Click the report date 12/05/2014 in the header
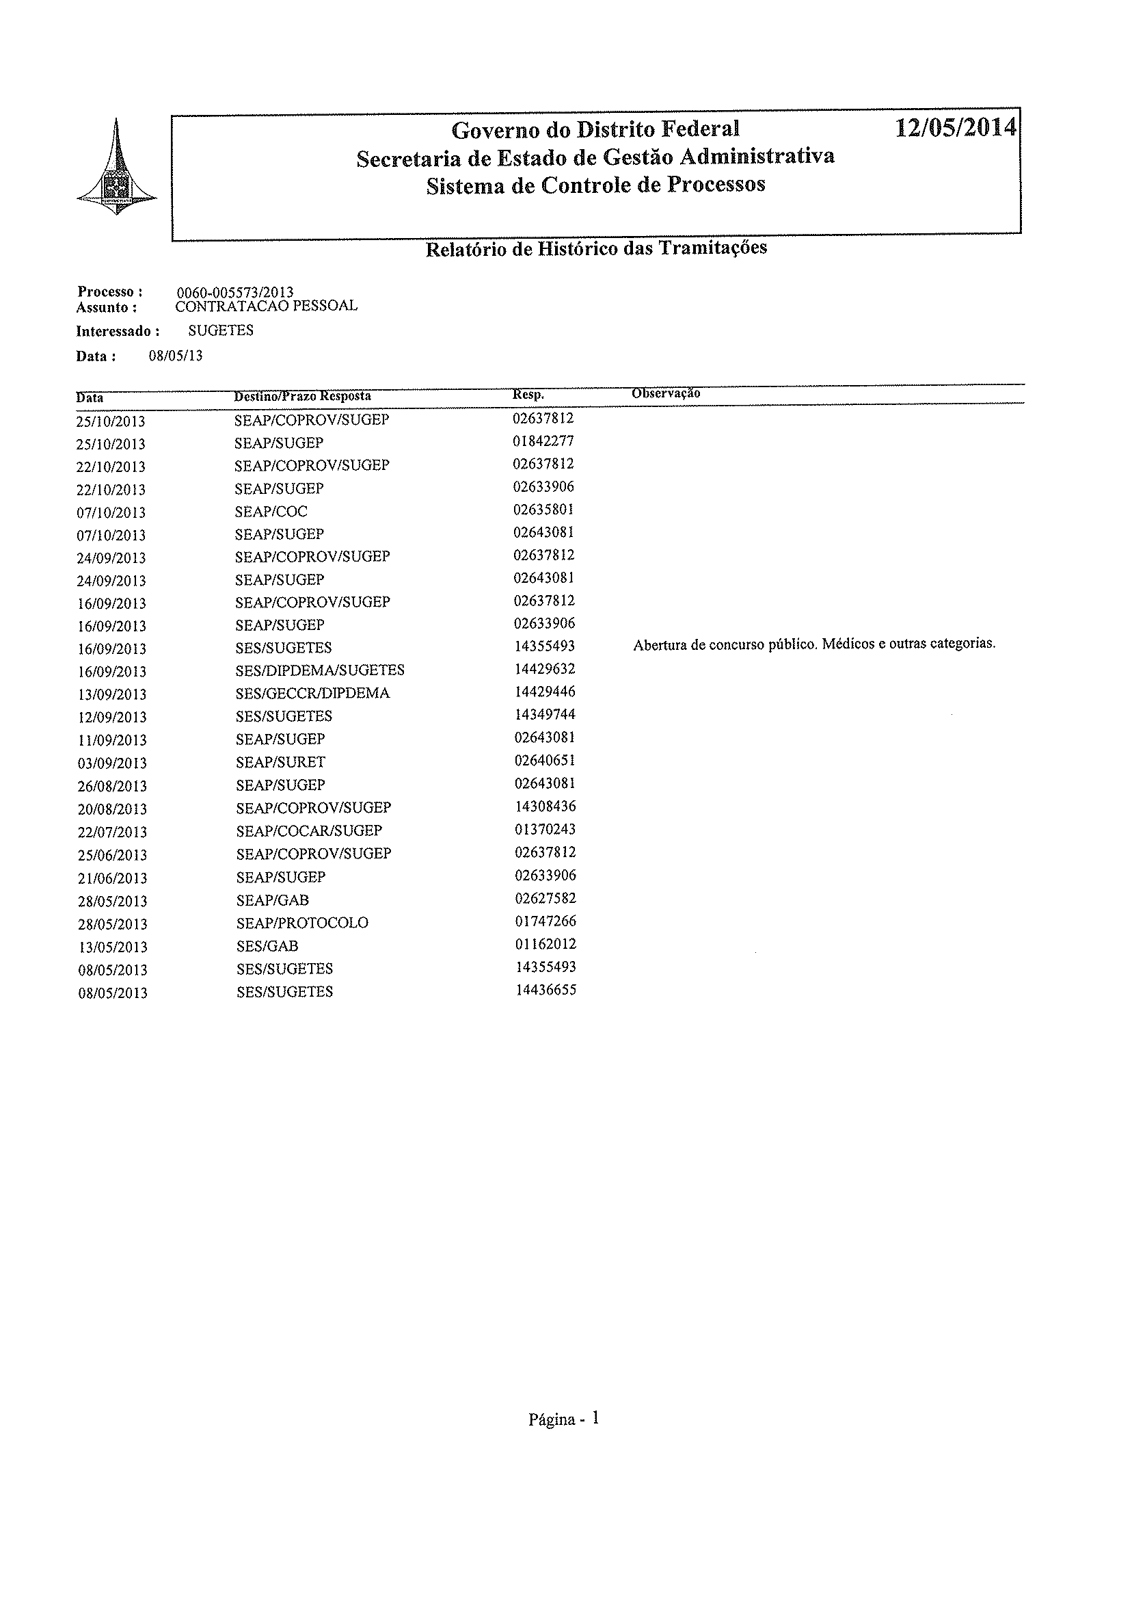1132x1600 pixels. click(955, 129)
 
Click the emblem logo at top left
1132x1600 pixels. click(116, 165)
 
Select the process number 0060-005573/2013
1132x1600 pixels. click(235, 292)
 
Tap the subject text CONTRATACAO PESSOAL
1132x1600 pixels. click(267, 306)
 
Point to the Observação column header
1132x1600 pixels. click(666, 393)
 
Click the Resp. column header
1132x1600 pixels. click(528, 395)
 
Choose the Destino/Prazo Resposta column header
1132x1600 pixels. click(303, 396)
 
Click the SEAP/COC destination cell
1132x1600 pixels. click(271, 511)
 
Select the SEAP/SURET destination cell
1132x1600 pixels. click(280, 761)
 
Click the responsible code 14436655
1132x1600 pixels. click(545, 990)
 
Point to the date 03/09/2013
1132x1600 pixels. click(111, 763)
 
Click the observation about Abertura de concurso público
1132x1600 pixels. click(813, 644)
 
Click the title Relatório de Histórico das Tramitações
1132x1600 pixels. click(596, 248)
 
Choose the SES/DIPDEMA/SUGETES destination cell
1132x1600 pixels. click(320, 670)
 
